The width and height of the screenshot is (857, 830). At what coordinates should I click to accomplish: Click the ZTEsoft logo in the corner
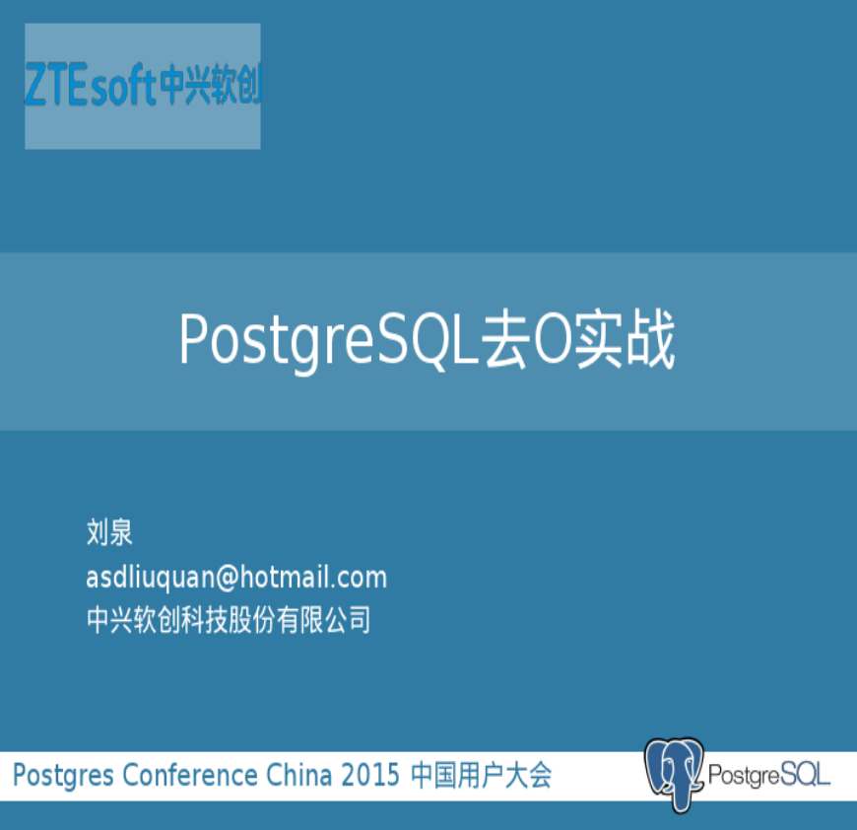coord(143,86)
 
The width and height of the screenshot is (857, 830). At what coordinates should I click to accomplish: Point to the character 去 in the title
coord(505,340)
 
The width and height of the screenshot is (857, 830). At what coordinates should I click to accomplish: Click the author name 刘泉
coord(109,532)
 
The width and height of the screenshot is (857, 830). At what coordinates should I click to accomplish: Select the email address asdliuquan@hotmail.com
coord(236,578)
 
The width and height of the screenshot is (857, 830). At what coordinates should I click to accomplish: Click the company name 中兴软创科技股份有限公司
coord(229,619)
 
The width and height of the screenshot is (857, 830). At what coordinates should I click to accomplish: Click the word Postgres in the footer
coord(63,776)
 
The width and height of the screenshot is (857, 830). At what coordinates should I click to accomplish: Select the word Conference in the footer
coord(190,775)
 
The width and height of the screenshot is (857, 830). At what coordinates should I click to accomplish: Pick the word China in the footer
coord(298,775)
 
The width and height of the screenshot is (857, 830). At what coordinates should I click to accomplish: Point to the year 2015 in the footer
coord(370,775)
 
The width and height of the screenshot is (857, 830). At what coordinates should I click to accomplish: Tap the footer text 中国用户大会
coord(481,775)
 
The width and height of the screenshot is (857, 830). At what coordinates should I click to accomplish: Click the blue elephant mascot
coord(674,773)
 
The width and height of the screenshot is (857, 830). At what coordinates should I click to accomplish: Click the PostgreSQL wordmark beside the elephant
coord(769,775)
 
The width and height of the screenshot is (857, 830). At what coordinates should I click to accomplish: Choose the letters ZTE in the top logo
coord(56,84)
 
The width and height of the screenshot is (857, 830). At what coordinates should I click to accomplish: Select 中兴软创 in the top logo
coord(211,86)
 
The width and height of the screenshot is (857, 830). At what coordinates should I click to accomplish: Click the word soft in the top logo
coord(123,88)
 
